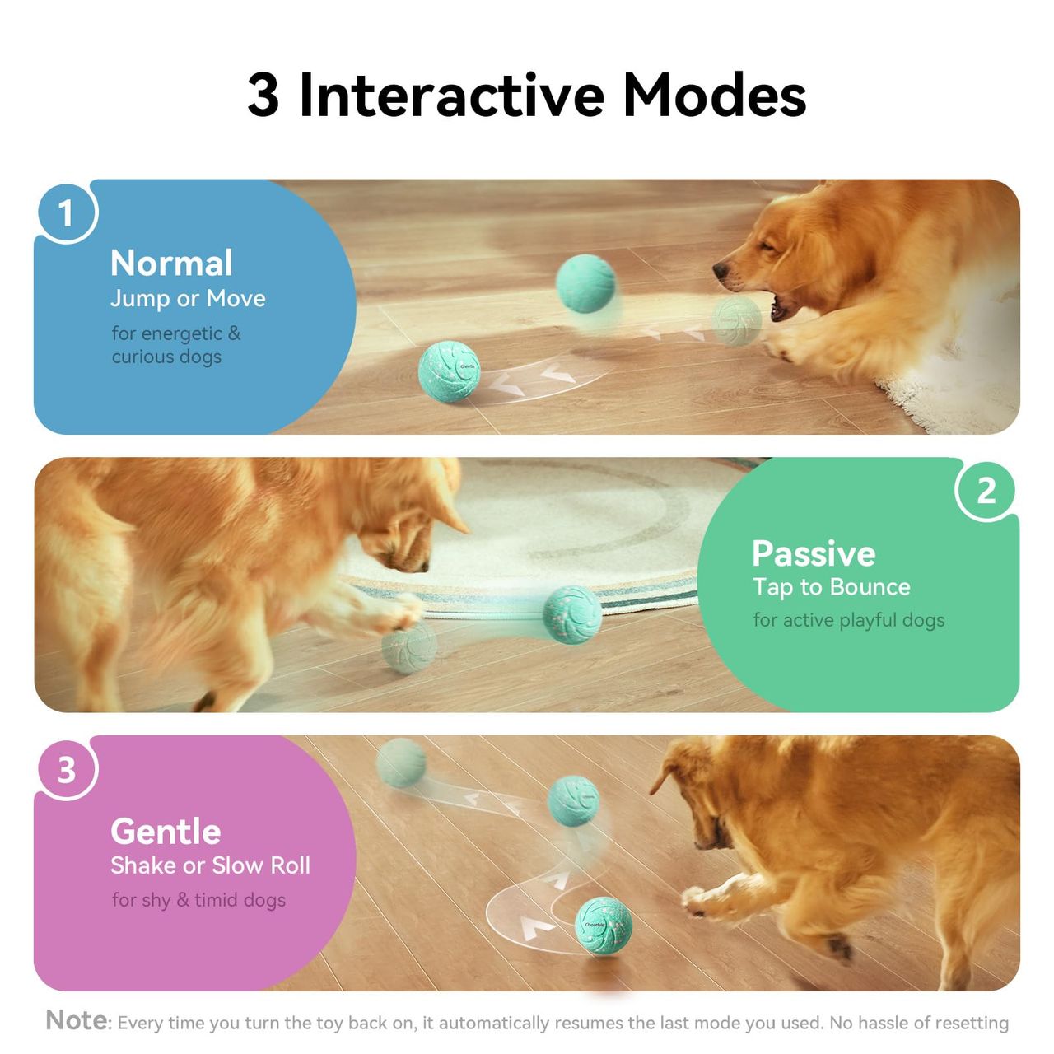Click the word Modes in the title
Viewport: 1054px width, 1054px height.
714,96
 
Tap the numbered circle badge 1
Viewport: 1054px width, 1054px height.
66,212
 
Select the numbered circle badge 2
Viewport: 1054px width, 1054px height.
986,491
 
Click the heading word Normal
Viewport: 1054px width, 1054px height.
171,263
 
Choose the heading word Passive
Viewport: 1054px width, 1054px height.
814,554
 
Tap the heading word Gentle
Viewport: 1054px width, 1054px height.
166,832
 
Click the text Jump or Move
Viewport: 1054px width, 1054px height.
188,299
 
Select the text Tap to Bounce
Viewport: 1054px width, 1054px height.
832,587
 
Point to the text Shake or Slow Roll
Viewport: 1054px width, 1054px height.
210,865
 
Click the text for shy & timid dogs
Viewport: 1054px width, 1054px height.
198,900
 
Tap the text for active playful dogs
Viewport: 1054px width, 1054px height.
848,620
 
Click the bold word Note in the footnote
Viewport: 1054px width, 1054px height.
77,1020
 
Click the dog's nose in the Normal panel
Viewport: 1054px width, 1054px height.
721,270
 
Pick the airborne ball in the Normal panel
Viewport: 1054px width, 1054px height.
585,283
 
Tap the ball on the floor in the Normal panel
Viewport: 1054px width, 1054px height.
449,372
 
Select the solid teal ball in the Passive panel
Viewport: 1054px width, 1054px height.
572,615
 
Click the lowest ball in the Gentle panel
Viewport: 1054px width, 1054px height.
604,926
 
